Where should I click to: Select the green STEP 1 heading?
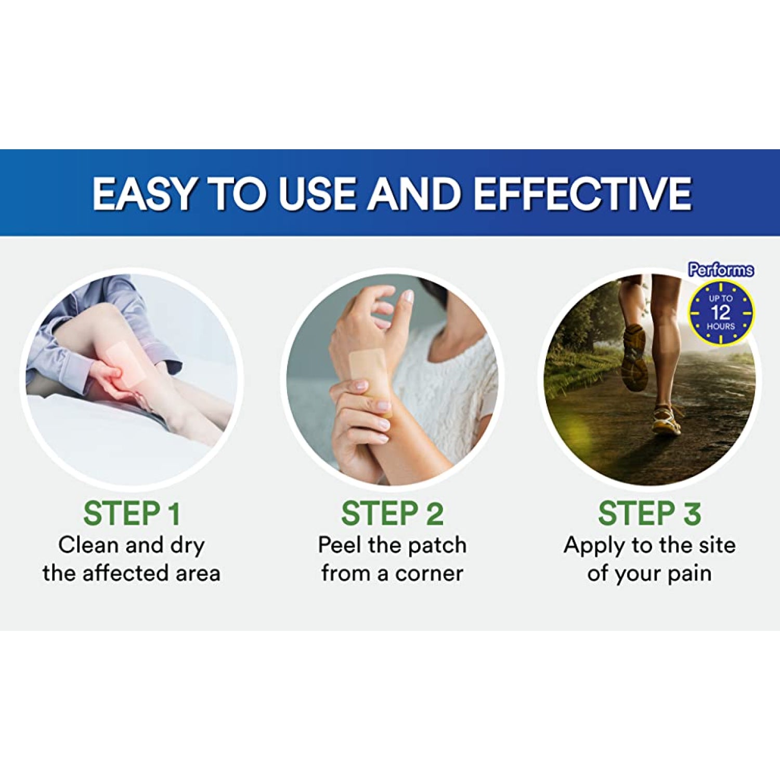[132, 513]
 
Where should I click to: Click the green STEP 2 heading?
[392, 513]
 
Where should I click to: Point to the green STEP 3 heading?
[649, 513]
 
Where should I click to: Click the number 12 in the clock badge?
[721, 313]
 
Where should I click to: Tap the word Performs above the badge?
[721, 270]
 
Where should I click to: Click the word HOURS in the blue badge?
[721, 327]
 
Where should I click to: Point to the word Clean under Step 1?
[88, 545]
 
